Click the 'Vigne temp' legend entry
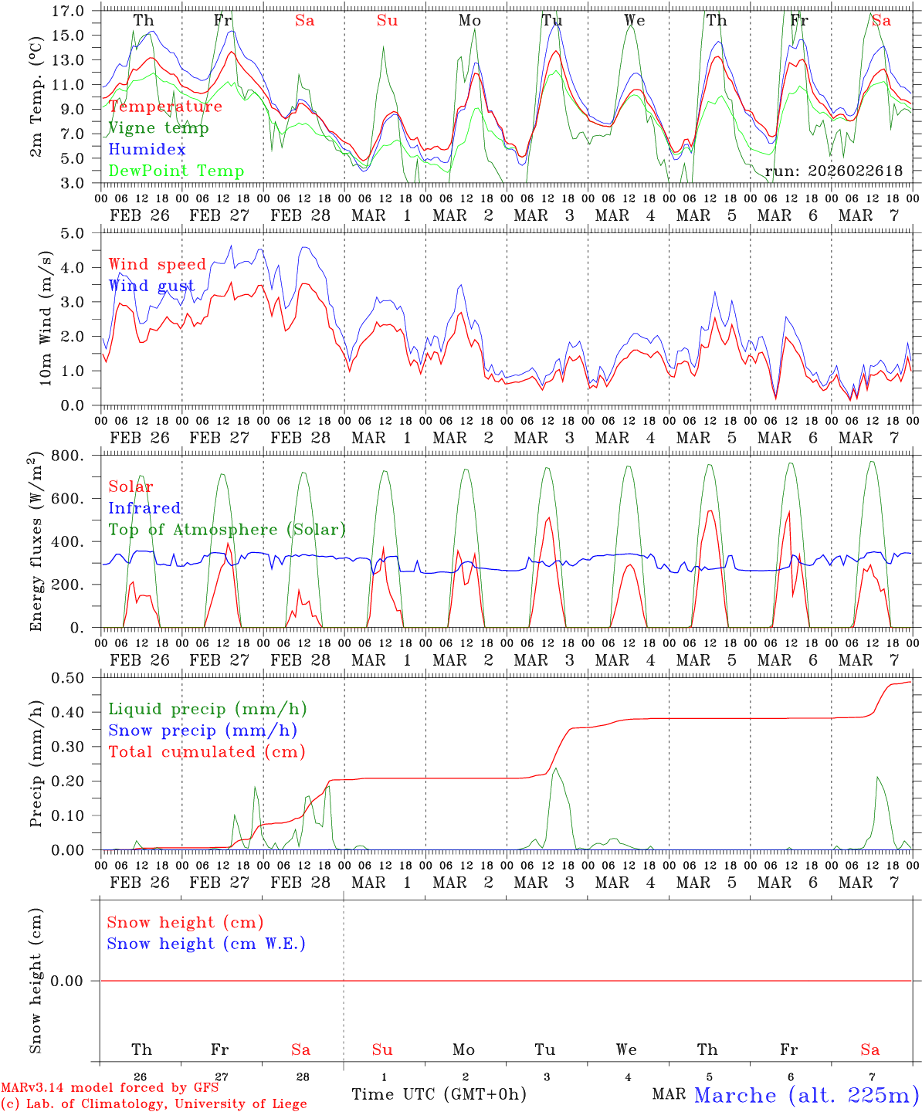point(158,128)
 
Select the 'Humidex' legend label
point(147,150)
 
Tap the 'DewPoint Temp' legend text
point(176,171)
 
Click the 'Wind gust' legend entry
point(151,286)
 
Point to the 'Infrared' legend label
point(144,508)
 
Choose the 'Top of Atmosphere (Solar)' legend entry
point(227,530)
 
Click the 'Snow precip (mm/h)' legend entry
point(202,731)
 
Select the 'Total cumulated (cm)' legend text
point(206,752)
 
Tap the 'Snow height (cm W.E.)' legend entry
point(206,944)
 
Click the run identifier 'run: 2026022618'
point(833,171)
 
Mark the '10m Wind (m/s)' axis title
point(45,318)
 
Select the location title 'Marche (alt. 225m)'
point(806,1095)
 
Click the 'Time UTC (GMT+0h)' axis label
point(439,1094)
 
